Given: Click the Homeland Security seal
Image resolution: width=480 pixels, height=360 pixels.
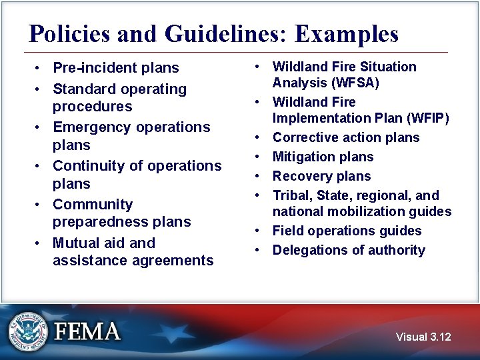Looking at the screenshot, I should pos(28,331).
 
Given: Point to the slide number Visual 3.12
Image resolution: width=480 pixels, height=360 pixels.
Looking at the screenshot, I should pos(423,337).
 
